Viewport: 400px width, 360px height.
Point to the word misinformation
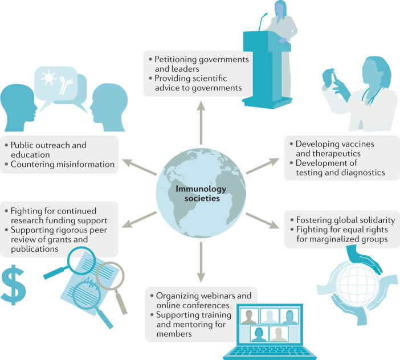(88, 165)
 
